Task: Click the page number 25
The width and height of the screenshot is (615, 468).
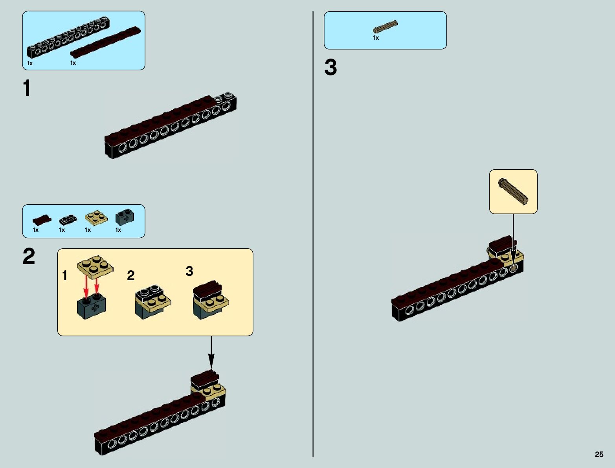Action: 599,454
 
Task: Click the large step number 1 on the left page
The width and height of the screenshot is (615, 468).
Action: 27,88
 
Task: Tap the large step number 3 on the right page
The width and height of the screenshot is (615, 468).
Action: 330,68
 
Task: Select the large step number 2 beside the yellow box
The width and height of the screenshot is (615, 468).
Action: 29,257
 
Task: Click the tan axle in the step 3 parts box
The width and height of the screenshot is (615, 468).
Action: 385,27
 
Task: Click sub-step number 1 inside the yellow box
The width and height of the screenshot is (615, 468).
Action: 65,276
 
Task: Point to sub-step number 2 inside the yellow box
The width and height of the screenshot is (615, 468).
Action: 131,276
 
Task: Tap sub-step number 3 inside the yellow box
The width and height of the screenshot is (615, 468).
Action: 189,271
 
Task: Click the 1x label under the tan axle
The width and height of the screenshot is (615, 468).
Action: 376,38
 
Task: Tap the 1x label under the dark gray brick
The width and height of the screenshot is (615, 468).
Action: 118,230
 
